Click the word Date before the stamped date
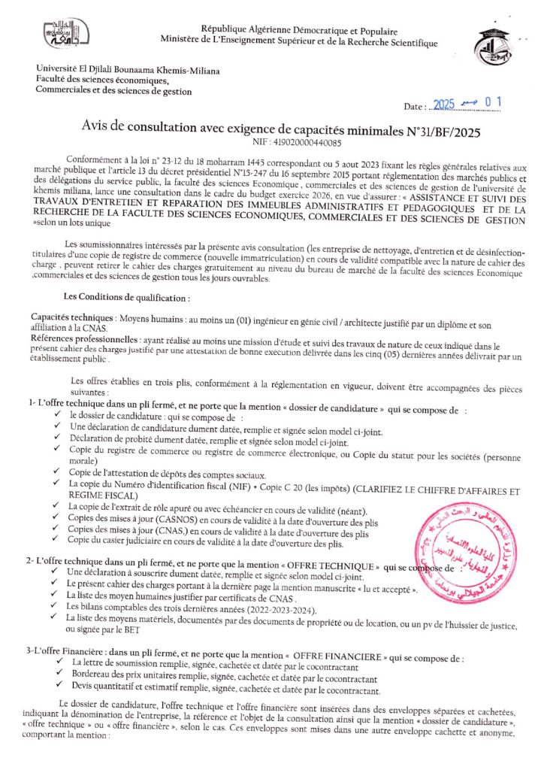point(414,108)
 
